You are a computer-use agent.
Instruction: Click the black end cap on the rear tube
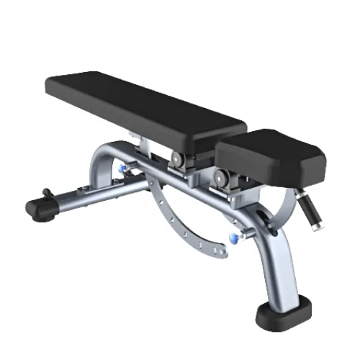pyautogui.click(x=40, y=208)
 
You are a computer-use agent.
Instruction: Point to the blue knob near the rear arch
pyautogui.click(x=125, y=168)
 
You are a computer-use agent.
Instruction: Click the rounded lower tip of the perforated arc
pyautogui.click(x=222, y=251)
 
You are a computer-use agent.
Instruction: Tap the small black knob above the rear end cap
pyautogui.click(x=46, y=193)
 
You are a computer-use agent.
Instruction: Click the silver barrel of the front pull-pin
pyautogui.click(x=245, y=233)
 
